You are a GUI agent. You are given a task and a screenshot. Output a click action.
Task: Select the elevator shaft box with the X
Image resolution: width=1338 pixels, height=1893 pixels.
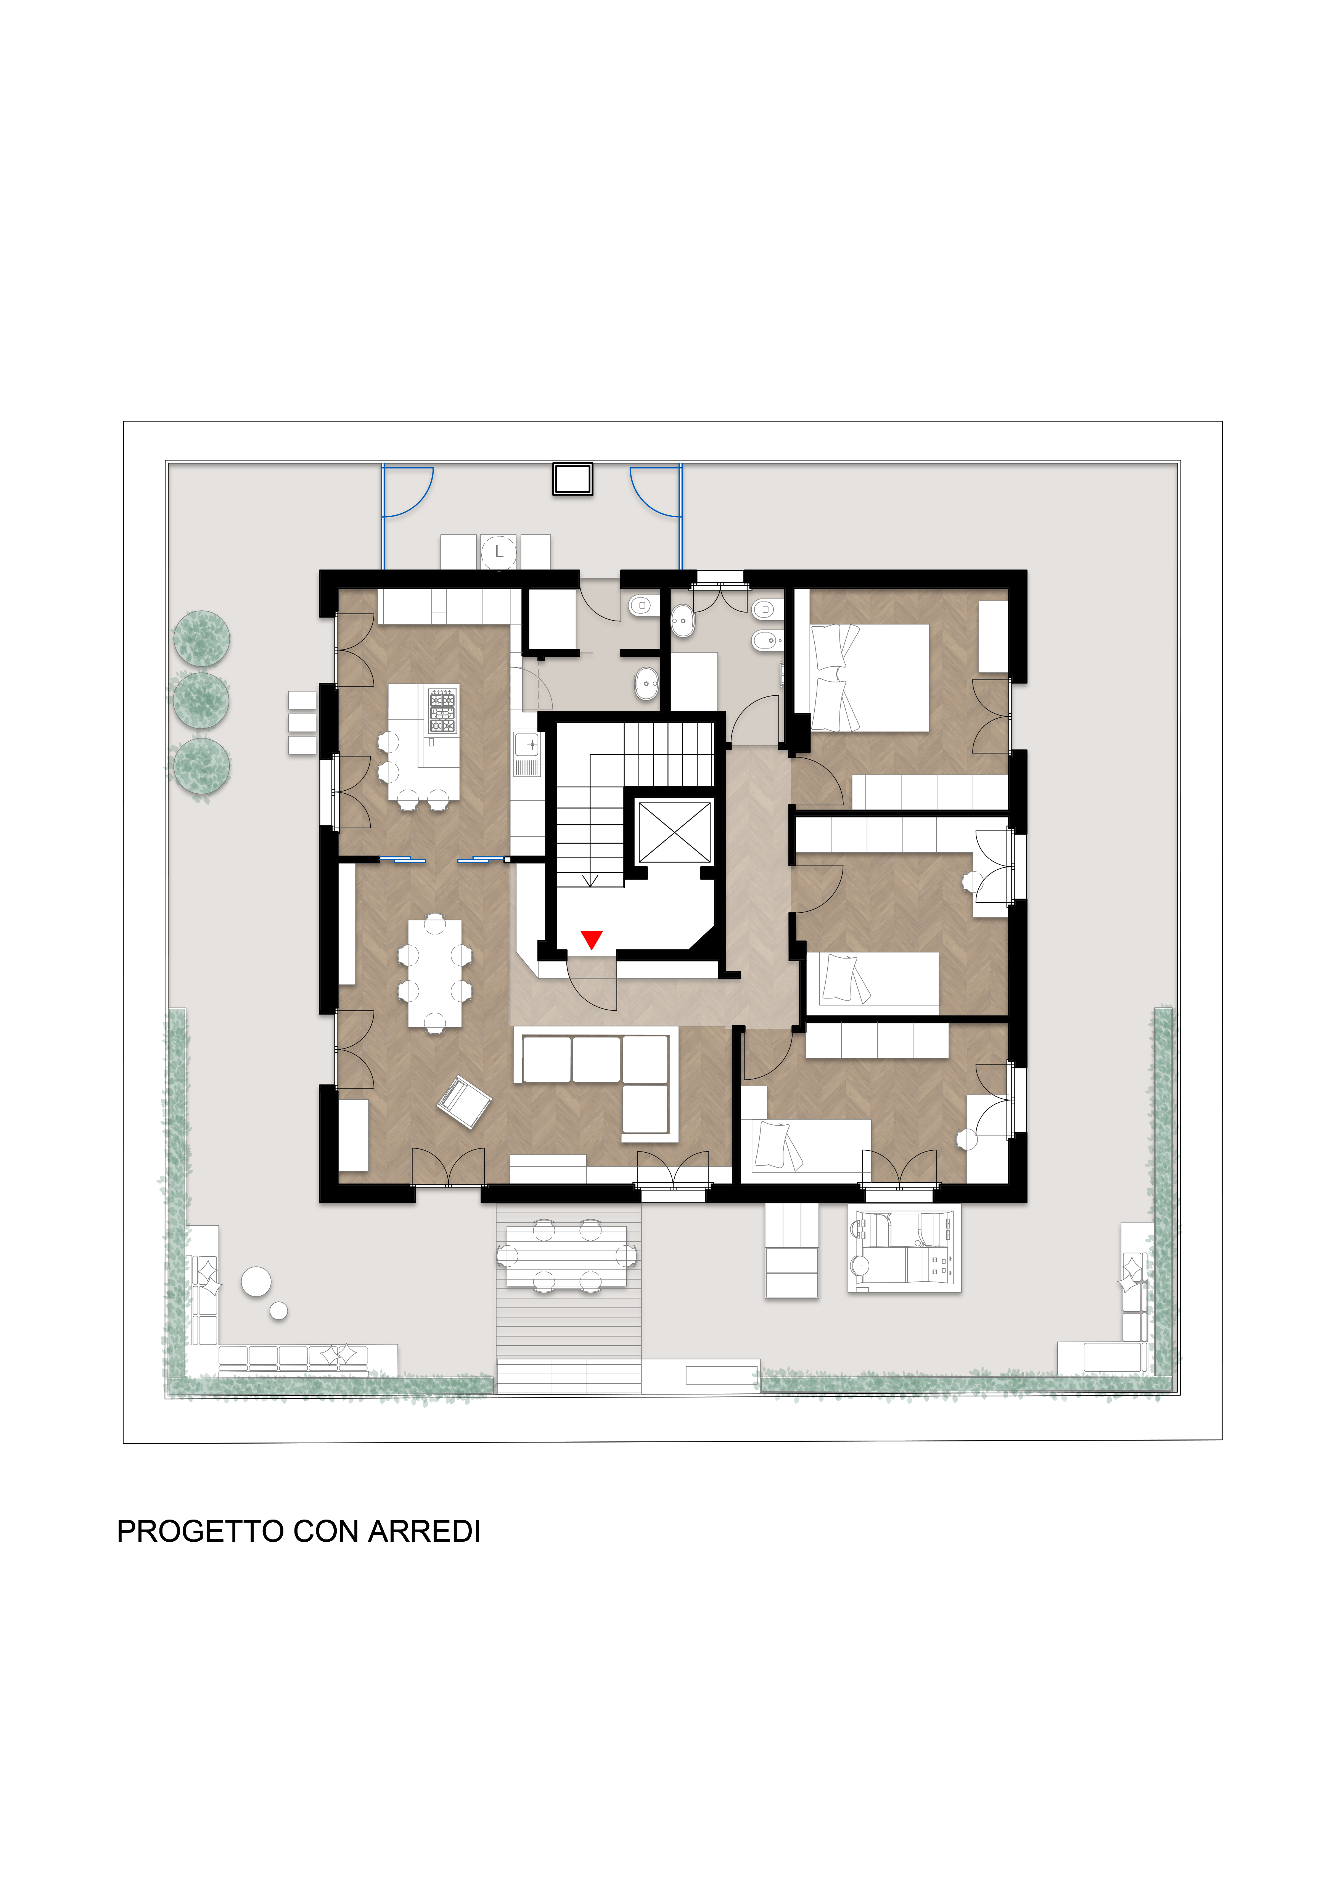[674, 832]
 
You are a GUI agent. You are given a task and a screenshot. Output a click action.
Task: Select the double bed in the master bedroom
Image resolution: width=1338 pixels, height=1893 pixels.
[870, 678]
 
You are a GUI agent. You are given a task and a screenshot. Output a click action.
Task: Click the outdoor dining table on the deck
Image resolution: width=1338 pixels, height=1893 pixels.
[566, 1256]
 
